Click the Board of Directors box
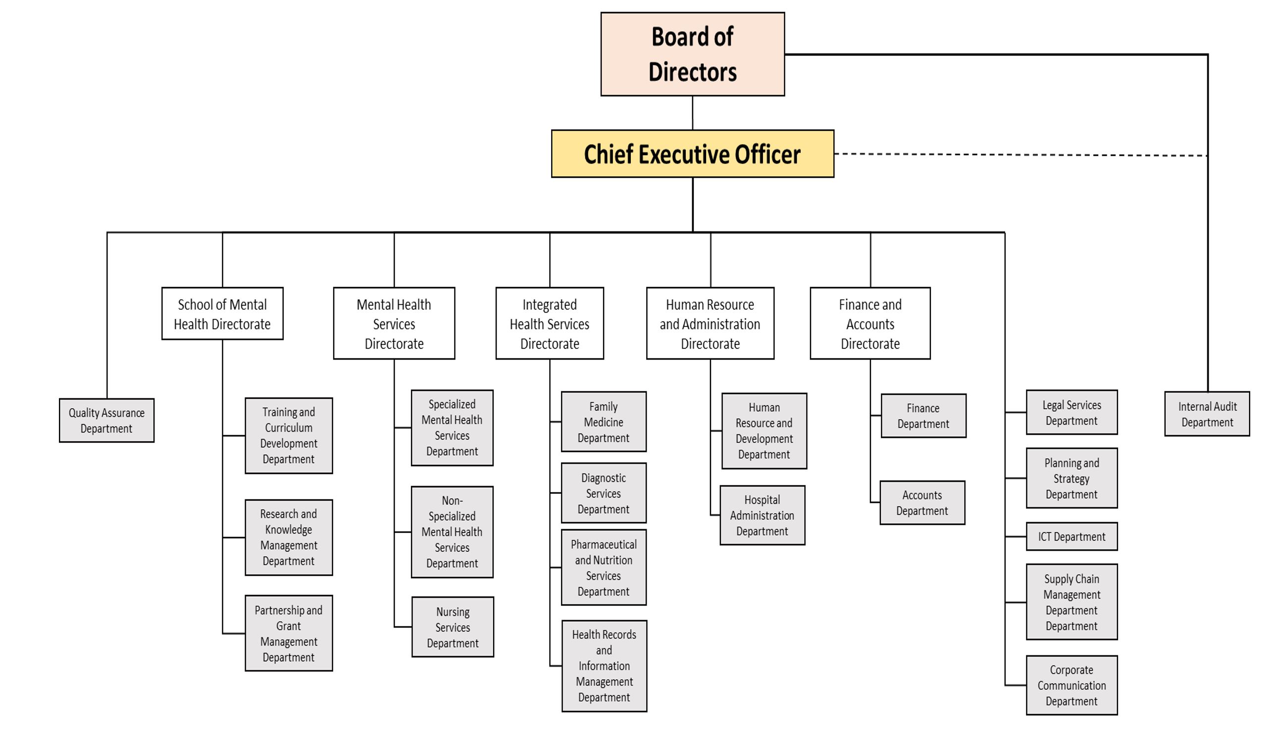click(692, 54)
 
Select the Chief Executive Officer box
click(692, 154)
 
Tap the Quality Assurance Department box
click(106, 420)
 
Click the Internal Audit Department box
click(1207, 414)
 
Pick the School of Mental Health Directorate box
click(222, 314)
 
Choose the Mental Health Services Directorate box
click(394, 323)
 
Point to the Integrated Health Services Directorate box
click(550, 323)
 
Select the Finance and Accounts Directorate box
click(870, 323)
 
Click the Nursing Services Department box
click(453, 627)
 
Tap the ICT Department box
click(1071, 537)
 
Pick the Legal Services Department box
click(1071, 412)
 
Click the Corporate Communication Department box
click(1071, 685)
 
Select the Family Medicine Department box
click(604, 422)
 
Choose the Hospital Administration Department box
click(762, 515)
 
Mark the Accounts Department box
click(922, 502)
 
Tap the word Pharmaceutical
click(604, 544)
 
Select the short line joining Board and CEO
click(692, 112)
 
